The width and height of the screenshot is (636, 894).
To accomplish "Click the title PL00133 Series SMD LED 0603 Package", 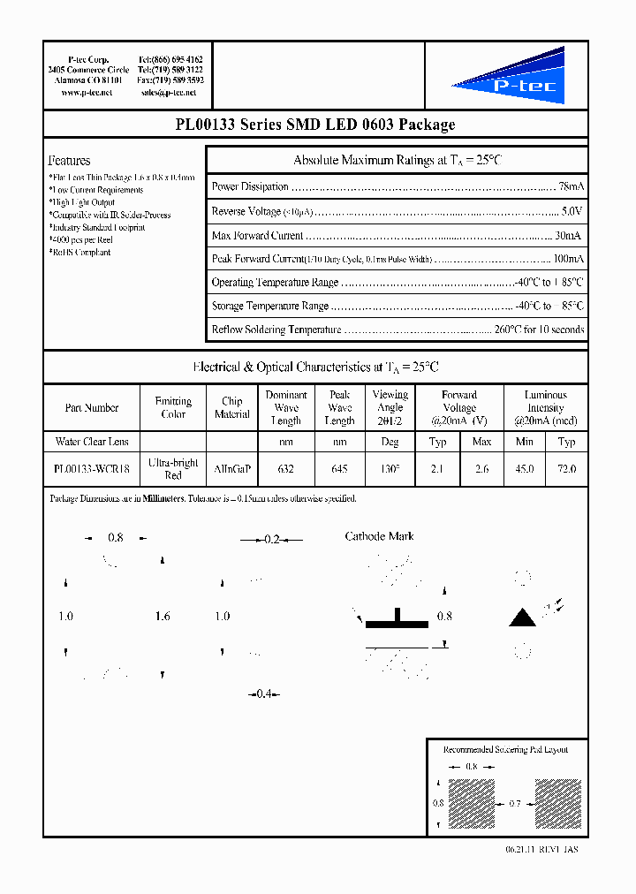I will pyautogui.click(x=316, y=125).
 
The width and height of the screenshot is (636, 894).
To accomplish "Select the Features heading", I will pyautogui.click(x=69, y=161).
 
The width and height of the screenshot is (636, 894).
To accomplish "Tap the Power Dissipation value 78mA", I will pyautogui.click(x=570, y=187).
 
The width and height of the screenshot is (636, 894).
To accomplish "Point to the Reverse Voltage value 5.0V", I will pyautogui.click(x=572, y=212).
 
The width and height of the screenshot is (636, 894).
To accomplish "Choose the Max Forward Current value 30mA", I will pyautogui.click(x=568, y=236).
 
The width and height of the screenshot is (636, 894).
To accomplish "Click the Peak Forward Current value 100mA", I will pyautogui.click(x=567, y=260).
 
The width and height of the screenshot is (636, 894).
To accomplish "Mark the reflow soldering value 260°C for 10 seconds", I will pyautogui.click(x=539, y=330).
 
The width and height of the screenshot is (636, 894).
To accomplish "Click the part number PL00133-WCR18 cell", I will pyautogui.click(x=91, y=469).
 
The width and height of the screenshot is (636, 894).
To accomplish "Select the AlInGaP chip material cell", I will pyautogui.click(x=231, y=469).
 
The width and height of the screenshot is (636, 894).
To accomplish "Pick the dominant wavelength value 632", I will pyautogui.click(x=285, y=469).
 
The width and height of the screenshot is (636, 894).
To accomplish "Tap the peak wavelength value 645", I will pyautogui.click(x=339, y=469).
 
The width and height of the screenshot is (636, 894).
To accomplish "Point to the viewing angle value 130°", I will pyautogui.click(x=390, y=469).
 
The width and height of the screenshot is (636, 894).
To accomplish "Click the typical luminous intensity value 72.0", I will pyautogui.click(x=566, y=469).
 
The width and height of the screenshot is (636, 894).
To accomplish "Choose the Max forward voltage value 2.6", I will pyautogui.click(x=481, y=469).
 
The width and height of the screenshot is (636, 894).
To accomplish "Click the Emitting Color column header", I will pyautogui.click(x=173, y=408).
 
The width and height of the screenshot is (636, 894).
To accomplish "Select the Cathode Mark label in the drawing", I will pyautogui.click(x=379, y=536).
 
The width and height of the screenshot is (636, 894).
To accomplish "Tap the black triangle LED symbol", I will pyautogui.click(x=522, y=617).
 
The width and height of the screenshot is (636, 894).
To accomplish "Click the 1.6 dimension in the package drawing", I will pyautogui.click(x=162, y=617).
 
